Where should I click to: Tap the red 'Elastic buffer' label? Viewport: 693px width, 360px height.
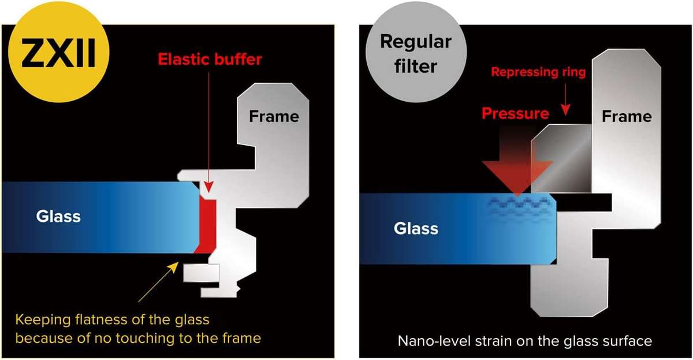[x=210, y=59]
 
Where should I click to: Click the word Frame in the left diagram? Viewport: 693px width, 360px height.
[x=274, y=116]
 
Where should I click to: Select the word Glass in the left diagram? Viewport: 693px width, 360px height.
[x=58, y=216]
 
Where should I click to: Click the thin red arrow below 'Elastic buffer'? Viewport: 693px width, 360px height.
[x=209, y=132]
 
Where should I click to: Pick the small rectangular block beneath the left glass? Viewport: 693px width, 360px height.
[x=202, y=273]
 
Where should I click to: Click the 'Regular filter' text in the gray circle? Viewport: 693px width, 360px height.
[x=415, y=54]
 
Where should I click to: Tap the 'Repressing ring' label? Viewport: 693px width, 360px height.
[x=538, y=72]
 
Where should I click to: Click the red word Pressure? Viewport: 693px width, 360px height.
[x=515, y=113]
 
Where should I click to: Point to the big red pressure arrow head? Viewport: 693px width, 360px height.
[x=517, y=177]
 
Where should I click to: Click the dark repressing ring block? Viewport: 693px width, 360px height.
[x=561, y=158]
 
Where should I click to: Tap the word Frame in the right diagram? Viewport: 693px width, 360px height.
[x=627, y=116]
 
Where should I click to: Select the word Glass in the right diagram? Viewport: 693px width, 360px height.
[x=416, y=228]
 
